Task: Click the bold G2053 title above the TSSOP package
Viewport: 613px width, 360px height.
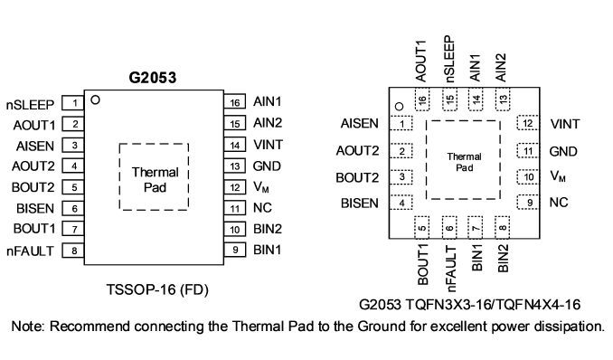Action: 153,78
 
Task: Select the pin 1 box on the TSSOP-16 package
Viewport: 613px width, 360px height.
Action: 73,103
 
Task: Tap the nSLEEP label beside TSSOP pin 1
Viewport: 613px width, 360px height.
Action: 30,105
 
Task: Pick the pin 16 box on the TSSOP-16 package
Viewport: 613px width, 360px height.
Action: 234,101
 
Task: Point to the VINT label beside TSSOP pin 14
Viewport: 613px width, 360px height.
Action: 268,145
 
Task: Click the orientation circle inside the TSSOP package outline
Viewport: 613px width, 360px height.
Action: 95,99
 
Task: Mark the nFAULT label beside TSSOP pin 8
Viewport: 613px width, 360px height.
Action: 30,251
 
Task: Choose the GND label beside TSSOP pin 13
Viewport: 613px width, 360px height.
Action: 267,166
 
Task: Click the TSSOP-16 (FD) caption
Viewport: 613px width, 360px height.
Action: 157,289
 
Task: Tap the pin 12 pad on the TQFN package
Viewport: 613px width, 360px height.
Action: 528,123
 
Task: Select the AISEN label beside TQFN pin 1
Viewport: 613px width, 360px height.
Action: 360,123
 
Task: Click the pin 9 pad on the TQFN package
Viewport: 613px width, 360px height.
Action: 528,203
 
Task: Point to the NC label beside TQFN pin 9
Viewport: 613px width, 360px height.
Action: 559,203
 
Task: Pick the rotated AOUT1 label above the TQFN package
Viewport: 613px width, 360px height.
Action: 421,61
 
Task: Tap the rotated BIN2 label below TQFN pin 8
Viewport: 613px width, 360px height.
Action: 503,258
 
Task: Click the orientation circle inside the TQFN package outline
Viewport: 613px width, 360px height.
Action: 399,106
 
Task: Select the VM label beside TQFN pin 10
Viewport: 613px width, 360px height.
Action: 558,176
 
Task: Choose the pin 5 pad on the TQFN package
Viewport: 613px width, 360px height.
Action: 422,227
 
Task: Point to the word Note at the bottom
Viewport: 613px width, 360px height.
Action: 27,326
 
